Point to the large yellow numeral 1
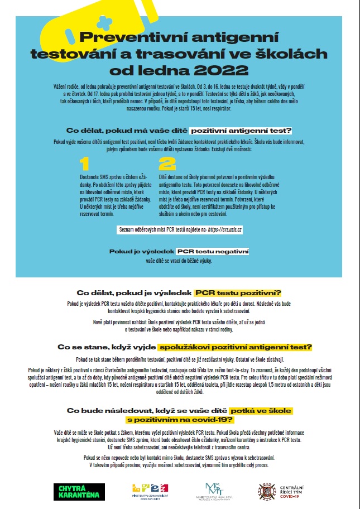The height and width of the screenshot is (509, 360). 85,164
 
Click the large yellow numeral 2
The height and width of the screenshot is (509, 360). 167,164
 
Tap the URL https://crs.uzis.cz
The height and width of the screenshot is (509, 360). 224,229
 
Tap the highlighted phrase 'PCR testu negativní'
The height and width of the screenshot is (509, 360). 212,252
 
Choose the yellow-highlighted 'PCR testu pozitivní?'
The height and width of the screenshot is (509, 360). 238,293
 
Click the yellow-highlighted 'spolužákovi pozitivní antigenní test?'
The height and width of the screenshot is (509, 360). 235,347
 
